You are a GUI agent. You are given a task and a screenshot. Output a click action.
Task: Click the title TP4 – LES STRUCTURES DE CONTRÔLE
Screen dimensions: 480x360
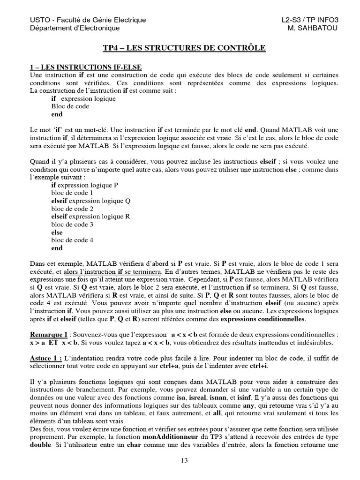[x=184, y=48]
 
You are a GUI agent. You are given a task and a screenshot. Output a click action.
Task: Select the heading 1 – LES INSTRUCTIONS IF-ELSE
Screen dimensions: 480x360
[x=86, y=68]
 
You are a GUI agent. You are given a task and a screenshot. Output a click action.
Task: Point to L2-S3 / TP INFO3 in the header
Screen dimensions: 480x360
[x=309, y=20]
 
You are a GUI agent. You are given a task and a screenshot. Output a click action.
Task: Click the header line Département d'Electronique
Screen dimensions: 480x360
[x=75, y=28]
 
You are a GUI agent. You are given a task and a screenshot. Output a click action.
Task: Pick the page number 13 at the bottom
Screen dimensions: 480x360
[x=184, y=460]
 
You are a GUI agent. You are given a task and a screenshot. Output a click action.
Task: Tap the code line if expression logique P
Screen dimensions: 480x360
[x=84, y=185]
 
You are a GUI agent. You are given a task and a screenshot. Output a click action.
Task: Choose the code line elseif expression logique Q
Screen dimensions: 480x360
[x=90, y=201]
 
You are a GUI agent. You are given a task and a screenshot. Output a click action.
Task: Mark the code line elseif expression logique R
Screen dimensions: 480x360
[x=90, y=217]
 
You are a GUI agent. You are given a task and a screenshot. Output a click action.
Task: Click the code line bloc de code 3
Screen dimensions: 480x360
[x=72, y=225]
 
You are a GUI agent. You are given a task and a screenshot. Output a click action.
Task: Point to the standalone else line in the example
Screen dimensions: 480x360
[x=57, y=232]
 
